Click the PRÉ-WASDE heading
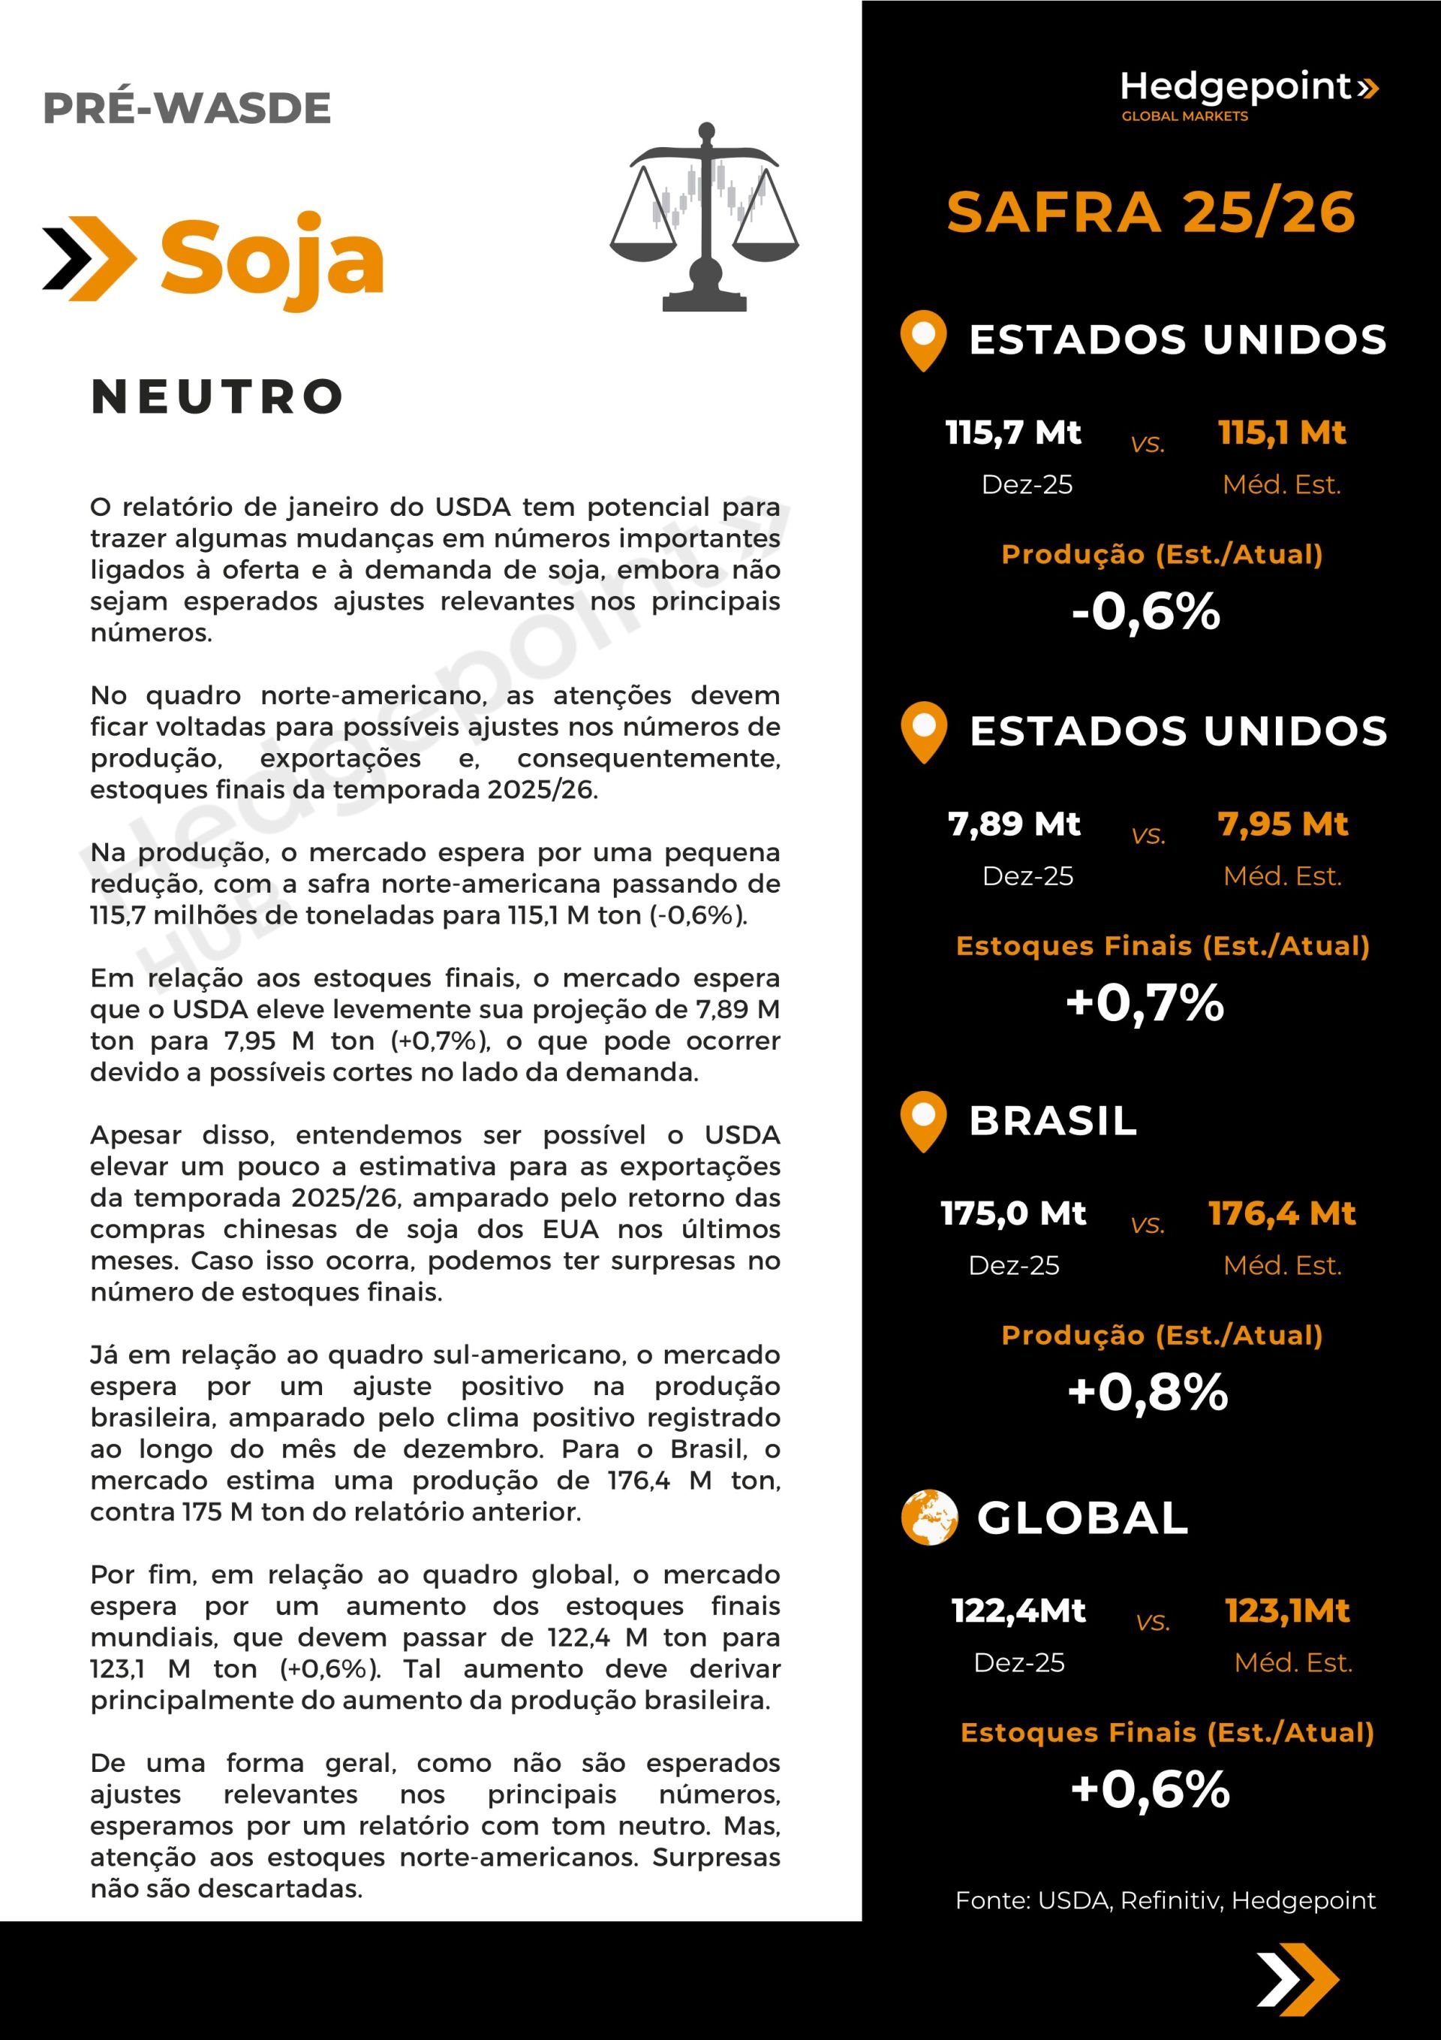pyautogui.click(x=187, y=108)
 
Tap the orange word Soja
pyautogui.click(x=272, y=258)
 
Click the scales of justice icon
pyautogui.click(x=705, y=218)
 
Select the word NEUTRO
pyautogui.click(x=218, y=396)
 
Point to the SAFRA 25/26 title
pyautogui.click(x=1151, y=212)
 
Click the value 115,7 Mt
pyautogui.click(x=1012, y=432)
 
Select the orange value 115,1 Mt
pyautogui.click(x=1282, y=432)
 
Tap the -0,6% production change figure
pyautogui.click(x=1146, y=612)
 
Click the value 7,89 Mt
pyautogui.click(x=1014, y=824)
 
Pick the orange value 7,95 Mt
pyautogui.click(x=1283, y=824)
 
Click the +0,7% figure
pyautogui.click(x=1145, y=1003)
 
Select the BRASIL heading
pyautogui.click(x=1053, y=1121)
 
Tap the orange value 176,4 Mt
pyautogui.click(x=1282, y=1213)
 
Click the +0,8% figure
pyautogui.click(x=1148, y=1392)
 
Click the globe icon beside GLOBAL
pyautogui.click(x=928, y=1517)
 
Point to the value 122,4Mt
pyautogui.click(x=1018, y=1611)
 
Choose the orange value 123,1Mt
pyautogui.click(x=1287, y=1611)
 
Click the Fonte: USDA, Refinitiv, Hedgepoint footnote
pyautogui.click(x=1165, y=1900)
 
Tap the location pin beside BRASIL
pyautogui.click(x=923, y=1121)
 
